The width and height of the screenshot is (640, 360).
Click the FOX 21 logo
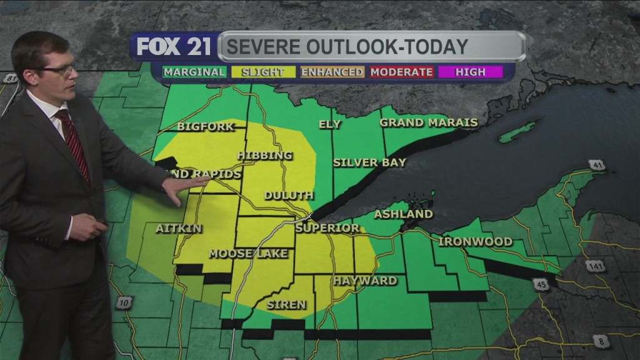(x=174, y=47)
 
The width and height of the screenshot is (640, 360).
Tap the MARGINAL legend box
(x=194, y=72)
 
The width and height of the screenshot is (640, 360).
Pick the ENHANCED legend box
(x=332, y=72)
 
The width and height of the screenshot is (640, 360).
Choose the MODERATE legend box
(x=401, y=72)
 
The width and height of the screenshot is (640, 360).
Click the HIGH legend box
(x=470, y=72)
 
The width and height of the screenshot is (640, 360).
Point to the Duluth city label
(x=288, y=196)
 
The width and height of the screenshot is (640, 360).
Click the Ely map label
(x=330, y=124)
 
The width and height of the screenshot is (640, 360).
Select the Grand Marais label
(x=429, y=122)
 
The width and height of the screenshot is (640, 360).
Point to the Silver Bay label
(x=369, y=162)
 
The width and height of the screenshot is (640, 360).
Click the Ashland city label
(x=403, y=214)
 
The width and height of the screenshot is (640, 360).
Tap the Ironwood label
(x=476, y=241)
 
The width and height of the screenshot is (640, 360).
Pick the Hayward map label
(x=364, y=281)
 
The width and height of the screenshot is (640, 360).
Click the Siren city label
(x=287, y=305)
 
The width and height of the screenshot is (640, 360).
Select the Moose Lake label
(x=248, y=253)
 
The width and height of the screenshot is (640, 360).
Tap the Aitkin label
(x=179, y=229)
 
